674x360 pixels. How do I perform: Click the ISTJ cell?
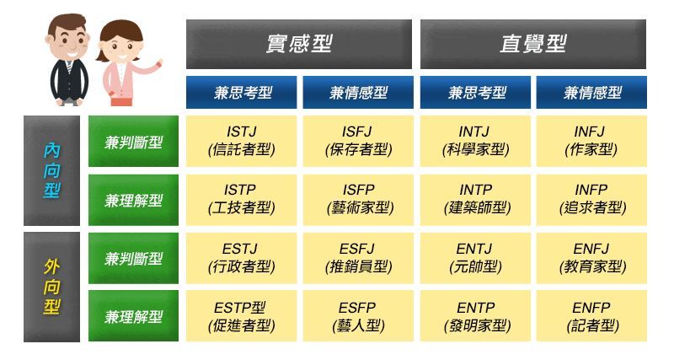(x=241, y=141)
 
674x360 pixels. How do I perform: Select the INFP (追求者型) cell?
(x=591, y=200)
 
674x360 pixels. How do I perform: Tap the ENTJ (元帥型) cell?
(x=475, y=259)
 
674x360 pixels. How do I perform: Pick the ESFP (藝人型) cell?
(x=358, y=316)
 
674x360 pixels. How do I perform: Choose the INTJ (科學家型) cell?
(x=475, y=141)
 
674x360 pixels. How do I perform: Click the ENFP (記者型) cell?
(x=591, y=316)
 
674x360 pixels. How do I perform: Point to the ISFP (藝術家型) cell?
(x=358, y=200)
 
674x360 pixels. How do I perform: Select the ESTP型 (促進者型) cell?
(x=241, y=316)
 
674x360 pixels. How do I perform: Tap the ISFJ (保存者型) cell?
(x=358, y=141)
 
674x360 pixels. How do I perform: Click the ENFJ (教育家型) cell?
(x=591, y=259)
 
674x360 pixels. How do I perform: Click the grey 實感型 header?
(x=299, y=44)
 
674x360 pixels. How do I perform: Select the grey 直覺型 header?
(x=533, y=44)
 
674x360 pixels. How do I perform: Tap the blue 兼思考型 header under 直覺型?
(x=475, y=93)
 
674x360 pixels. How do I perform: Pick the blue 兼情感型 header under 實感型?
(x=358, y=93)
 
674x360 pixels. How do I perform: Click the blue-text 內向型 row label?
(x=51, y=170)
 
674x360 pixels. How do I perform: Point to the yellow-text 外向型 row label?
(x=51, y=287)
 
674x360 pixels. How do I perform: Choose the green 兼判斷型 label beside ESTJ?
(x=133, y=259)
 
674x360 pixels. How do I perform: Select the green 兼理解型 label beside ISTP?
(x=133, y=200)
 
